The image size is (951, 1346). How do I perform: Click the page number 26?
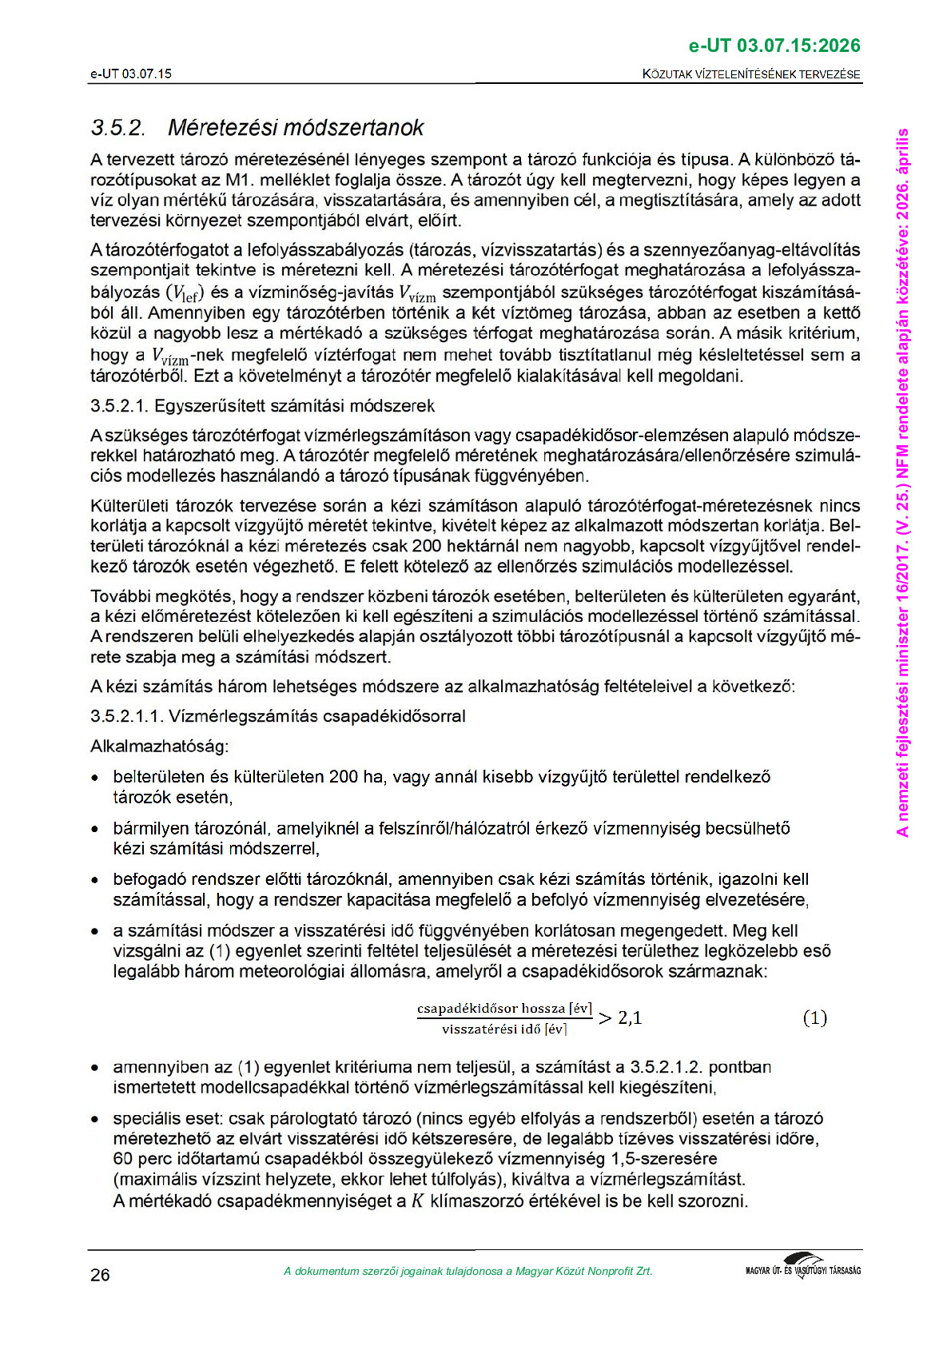coord(100,1275)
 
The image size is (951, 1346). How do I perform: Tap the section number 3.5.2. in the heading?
coord(118,128)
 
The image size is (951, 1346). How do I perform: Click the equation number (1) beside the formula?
coord(814,1017)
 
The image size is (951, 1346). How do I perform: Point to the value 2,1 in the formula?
coord(630,1018)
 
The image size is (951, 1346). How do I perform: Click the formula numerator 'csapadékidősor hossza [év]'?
coord(504,1009)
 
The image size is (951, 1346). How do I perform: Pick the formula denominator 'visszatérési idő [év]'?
coord(504,1029)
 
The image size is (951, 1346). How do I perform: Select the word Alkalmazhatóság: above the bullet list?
coord(160,747)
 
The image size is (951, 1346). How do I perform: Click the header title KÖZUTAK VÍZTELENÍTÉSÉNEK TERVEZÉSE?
coord(751,74)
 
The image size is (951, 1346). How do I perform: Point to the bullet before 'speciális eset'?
coord(95,1119)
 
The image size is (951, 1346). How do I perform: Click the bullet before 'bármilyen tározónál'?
coord(95,829)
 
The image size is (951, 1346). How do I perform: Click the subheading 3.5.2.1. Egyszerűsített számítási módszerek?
coord(262,406)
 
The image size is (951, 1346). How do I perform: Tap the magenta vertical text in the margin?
coord(903,482)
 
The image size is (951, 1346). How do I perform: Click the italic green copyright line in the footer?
coord(468,1271)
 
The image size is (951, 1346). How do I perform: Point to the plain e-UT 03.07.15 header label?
coord(131,74)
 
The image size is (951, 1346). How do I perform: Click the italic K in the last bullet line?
coord(417,1201)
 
